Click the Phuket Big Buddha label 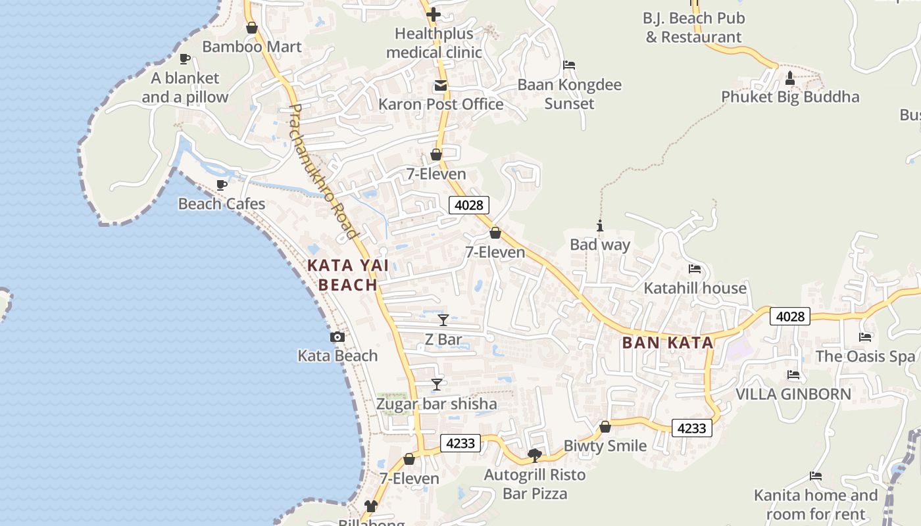point(790,97)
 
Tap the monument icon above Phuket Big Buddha point(790,78)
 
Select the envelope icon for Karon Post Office point(439,85)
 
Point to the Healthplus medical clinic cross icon point(434,14)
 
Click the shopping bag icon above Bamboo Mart point(251,28)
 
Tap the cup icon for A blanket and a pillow point(185,59)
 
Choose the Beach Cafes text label point(222,204)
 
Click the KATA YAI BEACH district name point(347,275)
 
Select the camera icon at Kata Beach point(337,337)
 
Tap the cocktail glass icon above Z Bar point(443,320)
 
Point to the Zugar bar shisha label point(436,404)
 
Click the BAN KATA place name point(668,343)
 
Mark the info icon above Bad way point(599,226)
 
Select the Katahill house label point(695,288)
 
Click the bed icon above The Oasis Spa point(865,337)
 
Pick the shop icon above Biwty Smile point(605,427)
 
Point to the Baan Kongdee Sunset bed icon point(569,65)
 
